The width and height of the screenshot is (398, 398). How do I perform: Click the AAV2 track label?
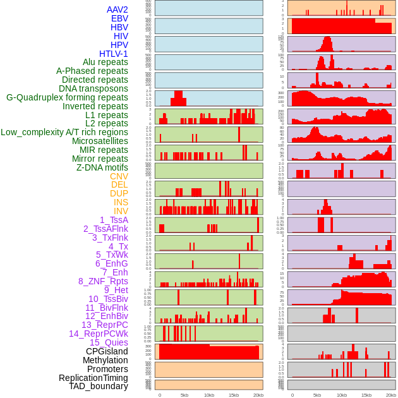coord(117,9)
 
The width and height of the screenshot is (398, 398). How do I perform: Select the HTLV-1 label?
coord(113,54)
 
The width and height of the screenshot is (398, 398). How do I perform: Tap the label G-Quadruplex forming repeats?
coord(67,97)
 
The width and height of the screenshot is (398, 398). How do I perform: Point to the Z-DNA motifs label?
coord(102,167)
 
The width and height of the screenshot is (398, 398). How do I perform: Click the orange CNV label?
coord(119,176)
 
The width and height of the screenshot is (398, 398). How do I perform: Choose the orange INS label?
coord(121,202)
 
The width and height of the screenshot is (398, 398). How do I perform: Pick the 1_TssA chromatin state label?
coord(114,220)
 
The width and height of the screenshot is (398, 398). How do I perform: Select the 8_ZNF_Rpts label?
coord(103,281)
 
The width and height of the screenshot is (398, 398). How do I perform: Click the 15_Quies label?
coord(109,342)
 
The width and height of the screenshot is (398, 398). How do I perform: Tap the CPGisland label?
coord(107,351)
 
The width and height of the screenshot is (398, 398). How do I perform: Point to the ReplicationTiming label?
coord(93,378)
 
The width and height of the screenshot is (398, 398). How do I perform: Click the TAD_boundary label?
coord(98,386)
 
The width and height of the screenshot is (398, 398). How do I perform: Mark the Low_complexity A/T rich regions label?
coord(64,132)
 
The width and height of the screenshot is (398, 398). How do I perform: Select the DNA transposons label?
coord(93,88)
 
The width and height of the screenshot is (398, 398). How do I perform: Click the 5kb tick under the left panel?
coord(184,395)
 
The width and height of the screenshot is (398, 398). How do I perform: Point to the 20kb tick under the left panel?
coord(258,395)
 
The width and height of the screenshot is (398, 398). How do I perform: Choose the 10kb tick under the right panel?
coord(342,395)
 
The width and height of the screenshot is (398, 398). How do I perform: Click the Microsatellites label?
coord(100,141)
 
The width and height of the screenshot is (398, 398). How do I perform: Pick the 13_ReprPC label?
coord(104,325)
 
